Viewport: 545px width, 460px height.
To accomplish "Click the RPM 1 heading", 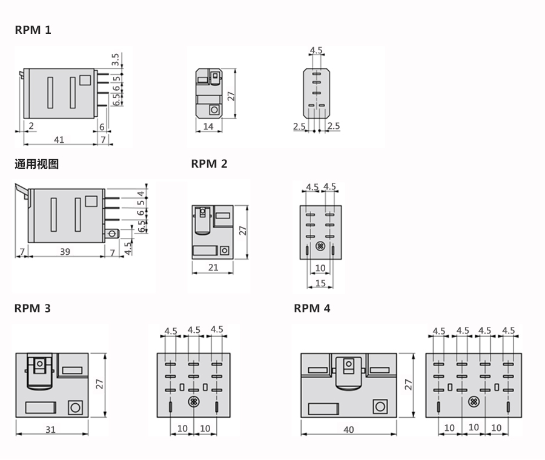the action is click(33, 30).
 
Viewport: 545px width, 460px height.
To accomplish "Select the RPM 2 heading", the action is click(210, 163).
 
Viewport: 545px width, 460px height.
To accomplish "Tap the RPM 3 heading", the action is click(32, 308).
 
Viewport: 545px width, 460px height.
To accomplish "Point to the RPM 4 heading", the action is click(312, 308).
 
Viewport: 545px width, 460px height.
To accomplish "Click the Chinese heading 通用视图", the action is click(36, 164).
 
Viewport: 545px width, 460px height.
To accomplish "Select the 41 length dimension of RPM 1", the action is click(59, 140).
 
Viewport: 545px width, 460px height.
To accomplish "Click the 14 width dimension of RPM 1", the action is click(208, 126).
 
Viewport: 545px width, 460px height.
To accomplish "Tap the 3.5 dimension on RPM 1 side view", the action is click(116, 59).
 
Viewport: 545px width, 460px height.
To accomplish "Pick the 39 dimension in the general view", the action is click(65, 252).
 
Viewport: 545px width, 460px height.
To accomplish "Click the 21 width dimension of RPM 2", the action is click(213, 267).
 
